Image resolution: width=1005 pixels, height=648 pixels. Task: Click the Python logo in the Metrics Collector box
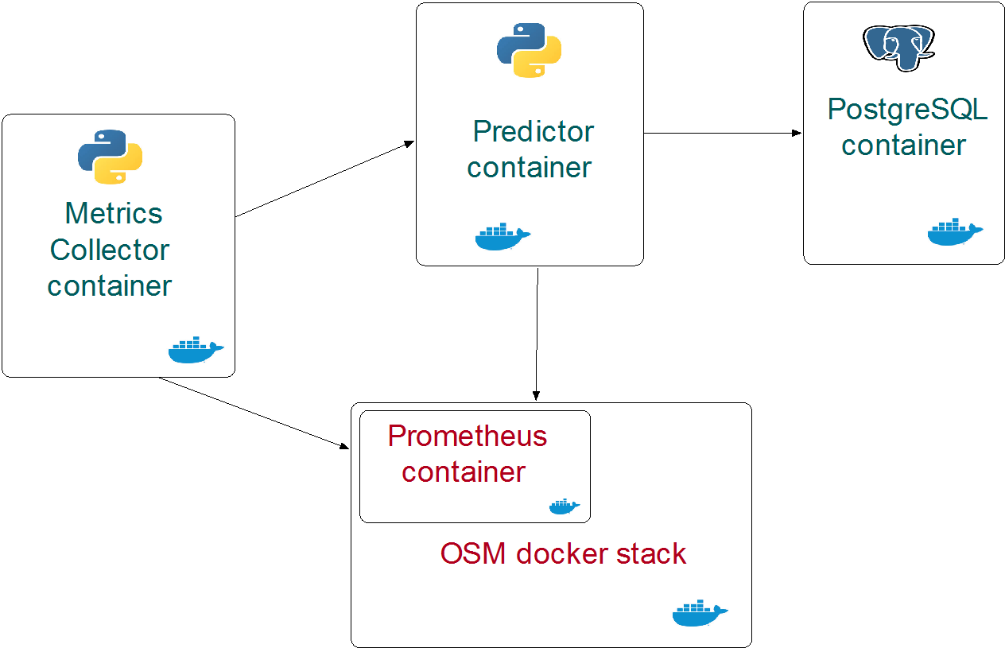[111, 157]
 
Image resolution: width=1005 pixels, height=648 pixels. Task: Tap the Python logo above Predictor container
[530, 50]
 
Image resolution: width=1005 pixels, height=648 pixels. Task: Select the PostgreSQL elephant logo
[898, 46]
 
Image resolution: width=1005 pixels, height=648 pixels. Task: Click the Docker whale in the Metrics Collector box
[196, 350]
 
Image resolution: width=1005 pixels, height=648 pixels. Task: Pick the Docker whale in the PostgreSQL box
[955, 231]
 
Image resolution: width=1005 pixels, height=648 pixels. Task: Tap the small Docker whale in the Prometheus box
[565, 506]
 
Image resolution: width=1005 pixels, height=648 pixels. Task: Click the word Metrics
[114, 213]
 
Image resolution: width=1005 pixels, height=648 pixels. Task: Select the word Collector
[110, 250]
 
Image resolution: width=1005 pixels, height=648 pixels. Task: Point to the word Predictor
[533, 131]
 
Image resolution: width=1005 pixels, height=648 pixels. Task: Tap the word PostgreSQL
[907, 109]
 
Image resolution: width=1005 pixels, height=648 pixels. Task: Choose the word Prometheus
[468, 436]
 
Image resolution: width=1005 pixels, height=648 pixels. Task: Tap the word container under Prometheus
[464, 471]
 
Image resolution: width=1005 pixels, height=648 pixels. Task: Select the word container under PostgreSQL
[904, 146]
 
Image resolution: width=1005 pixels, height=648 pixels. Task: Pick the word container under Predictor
[530, 168]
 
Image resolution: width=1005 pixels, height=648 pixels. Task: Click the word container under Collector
[110, 285]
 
